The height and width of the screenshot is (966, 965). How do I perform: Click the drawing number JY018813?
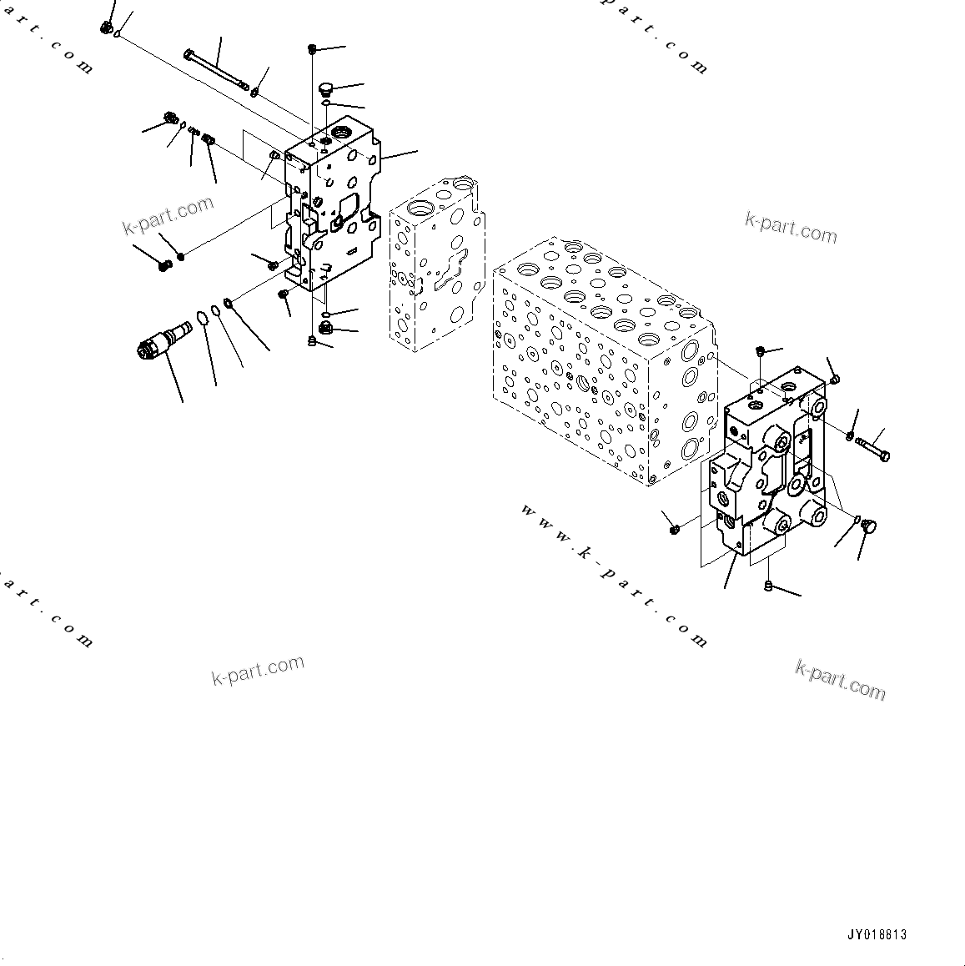click(875, 935)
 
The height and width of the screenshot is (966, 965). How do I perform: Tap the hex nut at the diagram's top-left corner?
click(106, 28)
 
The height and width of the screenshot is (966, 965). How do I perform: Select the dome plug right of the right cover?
click(868, 526)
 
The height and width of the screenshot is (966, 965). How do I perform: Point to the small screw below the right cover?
click(768, 587)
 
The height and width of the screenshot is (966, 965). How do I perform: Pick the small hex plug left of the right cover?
click(674, 528)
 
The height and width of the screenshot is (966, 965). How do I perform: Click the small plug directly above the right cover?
click(759, 352)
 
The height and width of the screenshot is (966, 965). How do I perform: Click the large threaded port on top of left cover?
click(343, 133)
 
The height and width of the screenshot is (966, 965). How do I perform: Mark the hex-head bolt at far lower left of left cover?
click(164, 266)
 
